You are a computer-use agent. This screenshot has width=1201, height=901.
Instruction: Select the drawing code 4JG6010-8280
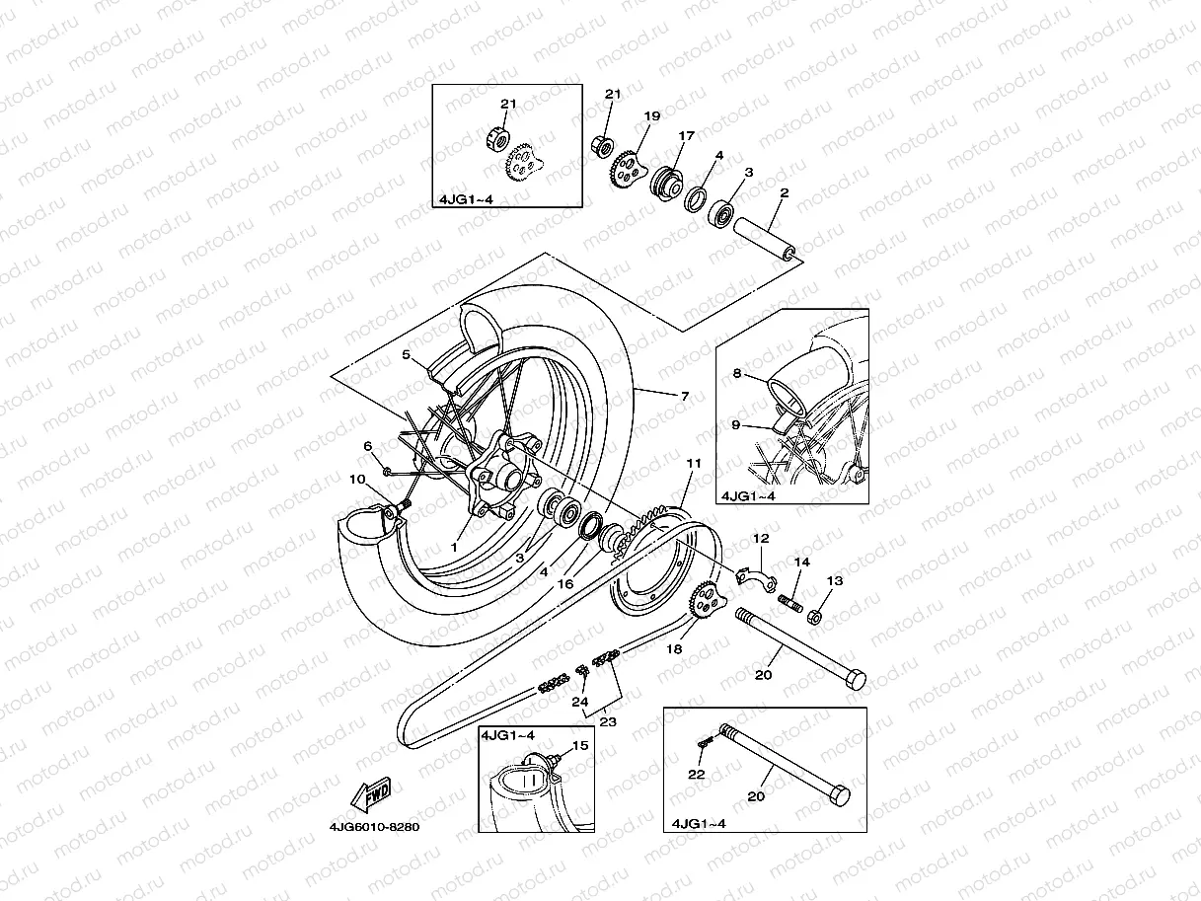tap(376, 827)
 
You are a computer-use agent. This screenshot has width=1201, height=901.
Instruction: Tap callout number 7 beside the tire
tap(684, 396)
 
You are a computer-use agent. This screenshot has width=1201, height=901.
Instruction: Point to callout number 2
tap(784, 193)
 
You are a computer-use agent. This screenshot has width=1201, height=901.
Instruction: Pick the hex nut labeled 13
tap(815, 618)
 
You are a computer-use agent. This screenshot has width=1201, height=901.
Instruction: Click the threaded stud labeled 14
tap(788, 599)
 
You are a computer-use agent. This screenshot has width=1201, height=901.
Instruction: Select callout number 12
tap(761, 539)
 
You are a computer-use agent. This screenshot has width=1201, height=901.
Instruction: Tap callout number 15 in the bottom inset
tap(580, 746)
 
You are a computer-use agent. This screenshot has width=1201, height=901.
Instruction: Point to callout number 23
tap(608, 722)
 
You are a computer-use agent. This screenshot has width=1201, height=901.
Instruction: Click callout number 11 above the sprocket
tap(694, 462)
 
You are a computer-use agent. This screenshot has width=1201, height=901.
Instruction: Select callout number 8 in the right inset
tap(736, 374)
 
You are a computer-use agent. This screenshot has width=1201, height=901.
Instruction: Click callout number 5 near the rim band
tap(405, 353)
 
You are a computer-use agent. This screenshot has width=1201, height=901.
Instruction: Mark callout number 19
tap(651, 116)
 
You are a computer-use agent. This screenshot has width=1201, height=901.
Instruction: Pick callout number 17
tap(686, 135)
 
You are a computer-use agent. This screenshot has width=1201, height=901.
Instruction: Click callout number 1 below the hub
tap(455, 545)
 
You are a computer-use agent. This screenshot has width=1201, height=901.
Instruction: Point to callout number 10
tap(357, 480)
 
